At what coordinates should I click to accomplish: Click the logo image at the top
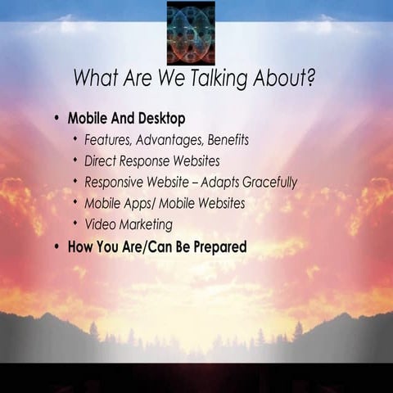[191, 33]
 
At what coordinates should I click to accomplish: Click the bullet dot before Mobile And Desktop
[56, 118]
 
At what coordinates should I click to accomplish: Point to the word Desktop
[160, 118]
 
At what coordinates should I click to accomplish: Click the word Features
[108, 140]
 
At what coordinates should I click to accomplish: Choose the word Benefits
[223, 140]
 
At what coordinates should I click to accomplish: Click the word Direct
[102, 161]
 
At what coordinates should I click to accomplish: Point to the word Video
[102, 224]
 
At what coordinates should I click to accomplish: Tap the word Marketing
[147, 224]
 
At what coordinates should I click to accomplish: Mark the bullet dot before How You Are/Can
[56, 246]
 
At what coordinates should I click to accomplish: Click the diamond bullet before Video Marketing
[75, 223]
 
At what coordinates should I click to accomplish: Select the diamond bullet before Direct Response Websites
[75, 160]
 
